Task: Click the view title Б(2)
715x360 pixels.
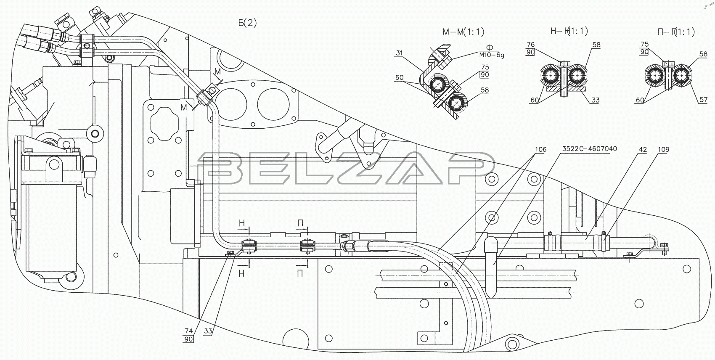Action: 247,23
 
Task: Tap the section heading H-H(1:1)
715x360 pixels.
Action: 569,31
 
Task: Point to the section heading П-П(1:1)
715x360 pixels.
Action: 676,32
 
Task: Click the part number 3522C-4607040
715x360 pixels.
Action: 590,149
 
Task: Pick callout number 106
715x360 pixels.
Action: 540,149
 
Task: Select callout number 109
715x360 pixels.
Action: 664,149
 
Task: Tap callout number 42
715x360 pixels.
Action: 643,149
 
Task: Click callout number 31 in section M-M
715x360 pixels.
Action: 399,53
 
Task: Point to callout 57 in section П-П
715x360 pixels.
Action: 704,100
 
